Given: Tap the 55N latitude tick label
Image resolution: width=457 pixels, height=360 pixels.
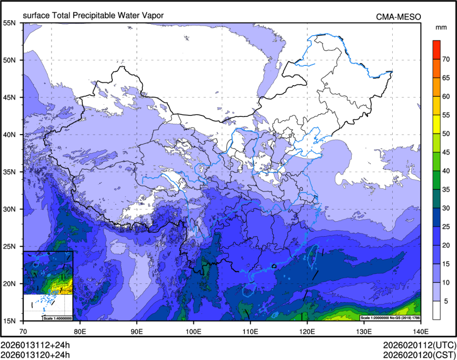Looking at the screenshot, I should [x=11, y=23].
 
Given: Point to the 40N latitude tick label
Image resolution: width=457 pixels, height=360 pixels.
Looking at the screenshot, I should [x=11, y=135].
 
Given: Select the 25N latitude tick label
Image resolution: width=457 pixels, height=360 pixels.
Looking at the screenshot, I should [x=11, y=246].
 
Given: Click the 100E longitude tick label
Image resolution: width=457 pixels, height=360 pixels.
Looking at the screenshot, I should [x=193, y=331].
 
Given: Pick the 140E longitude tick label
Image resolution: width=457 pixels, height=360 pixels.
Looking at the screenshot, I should [x=420, y=331].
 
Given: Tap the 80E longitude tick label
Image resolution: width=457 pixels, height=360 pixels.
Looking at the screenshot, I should [x=80, y=331].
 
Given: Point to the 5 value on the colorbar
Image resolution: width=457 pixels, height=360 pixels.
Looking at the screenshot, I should [x=446, y=301].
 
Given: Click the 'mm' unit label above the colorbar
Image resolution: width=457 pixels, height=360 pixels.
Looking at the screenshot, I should [x=441, y=27].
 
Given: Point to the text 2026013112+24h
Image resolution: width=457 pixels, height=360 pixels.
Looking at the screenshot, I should [x=35, y=345].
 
